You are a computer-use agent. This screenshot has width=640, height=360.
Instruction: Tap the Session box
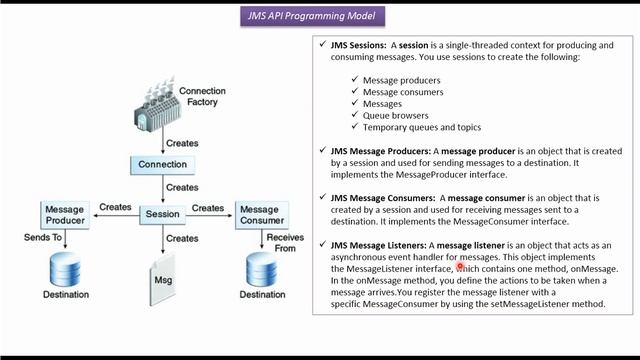click(x=162, y=214)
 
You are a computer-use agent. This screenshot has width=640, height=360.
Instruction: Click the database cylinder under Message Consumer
click(x=261, y=267)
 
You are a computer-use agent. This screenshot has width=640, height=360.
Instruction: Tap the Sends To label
click(x=44, y=238)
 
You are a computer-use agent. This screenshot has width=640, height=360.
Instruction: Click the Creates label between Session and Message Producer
click(x=115, y=208)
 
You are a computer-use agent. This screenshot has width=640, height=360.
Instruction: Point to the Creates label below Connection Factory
click(x=182, y=143)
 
